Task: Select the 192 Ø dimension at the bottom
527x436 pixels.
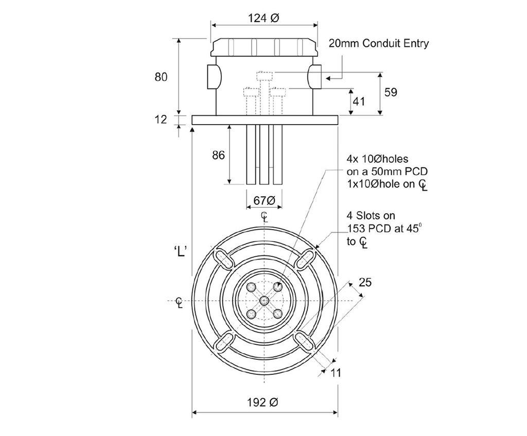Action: coord(263,403)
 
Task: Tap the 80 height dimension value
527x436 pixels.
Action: coord(162,77)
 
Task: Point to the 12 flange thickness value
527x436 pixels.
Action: coord(161,119)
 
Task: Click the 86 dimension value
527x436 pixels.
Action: coord(218,154)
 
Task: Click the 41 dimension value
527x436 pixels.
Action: coord(359,101)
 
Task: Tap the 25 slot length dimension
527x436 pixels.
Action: coord(365,282)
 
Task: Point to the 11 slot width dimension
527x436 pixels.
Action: coord(335,373)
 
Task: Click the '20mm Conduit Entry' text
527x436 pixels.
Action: coord(379,44)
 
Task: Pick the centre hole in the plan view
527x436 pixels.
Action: coord(263,300)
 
